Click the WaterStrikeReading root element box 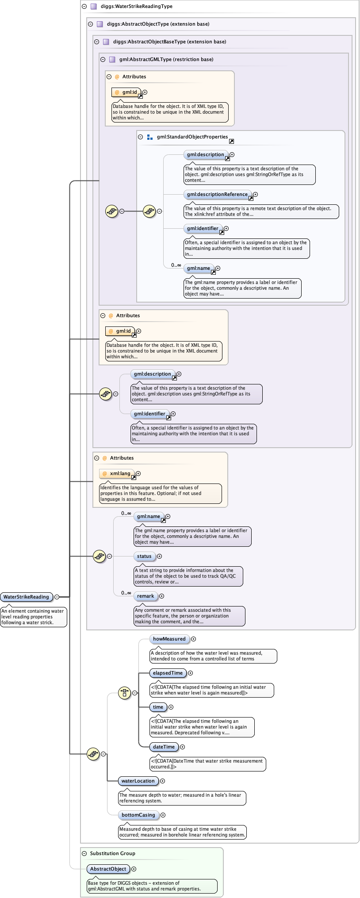tap(26, 597)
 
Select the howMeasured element tap(169, 639)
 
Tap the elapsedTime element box tap(168, 673)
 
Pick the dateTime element tap(164, 747)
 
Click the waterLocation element tap(138, 781)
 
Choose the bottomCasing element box tap(138, 815)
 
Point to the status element tap(144, 556)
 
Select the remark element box tap(146, 596)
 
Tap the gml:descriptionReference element tap(217, 194)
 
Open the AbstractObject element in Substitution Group tap(108, 869)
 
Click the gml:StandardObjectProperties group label tap(192, 137)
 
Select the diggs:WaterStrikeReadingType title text tap(136, 6)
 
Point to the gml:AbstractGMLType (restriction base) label tap(166, 59)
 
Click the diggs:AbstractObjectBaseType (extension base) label tap(169, 42)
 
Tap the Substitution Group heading tap(112, 853)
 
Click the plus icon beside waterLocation tap(162, 781)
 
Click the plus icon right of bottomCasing tap(163, 815)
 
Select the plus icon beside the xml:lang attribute tap(138, 473)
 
